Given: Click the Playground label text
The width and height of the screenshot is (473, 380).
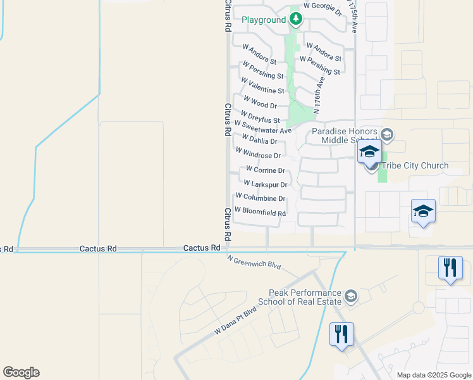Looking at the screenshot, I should pyautogui.click(x=264, y=20).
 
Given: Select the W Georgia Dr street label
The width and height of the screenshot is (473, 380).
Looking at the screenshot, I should pyautogui.click(x=322, y=9).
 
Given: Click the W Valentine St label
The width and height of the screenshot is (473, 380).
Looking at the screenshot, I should pyautogui.click(x=262, y=85).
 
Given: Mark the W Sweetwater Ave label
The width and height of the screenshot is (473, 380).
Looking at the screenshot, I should pyautogui.click(x=262, y=127).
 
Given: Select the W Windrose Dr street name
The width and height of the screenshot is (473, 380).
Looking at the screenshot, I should pyautogui.click(x=258, y=153).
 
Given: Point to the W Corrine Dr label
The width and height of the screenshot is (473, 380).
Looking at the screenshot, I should pyautogui.click(x=266, y=170).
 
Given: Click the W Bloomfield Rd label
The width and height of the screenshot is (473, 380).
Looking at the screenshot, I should pyautogui.click(x=260, y=212).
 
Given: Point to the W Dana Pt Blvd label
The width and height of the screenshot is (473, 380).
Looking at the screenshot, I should pyautogui.click(x=236, y=321).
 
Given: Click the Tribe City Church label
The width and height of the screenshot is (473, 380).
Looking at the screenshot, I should pyautogui.click(x=415, y=165).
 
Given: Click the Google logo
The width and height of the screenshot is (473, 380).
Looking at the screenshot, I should pyautogui.click(x=21, y=372).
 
